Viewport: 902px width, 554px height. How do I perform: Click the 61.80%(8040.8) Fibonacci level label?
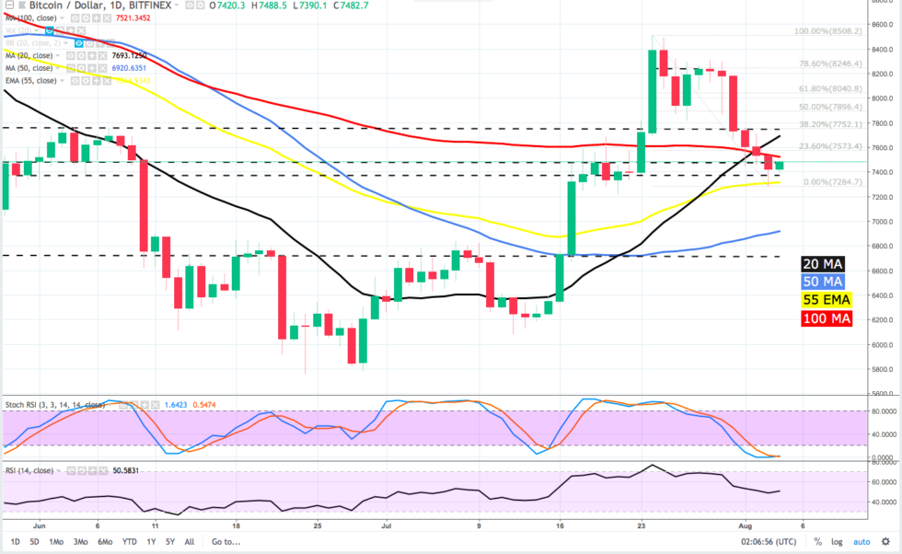coord(830,89)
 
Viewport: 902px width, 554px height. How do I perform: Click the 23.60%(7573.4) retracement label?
coord(830,146)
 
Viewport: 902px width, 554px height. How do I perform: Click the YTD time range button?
coord(130,542)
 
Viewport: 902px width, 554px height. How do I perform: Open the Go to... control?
coord(225,542)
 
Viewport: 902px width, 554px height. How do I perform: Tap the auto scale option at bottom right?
coord(862,542)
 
